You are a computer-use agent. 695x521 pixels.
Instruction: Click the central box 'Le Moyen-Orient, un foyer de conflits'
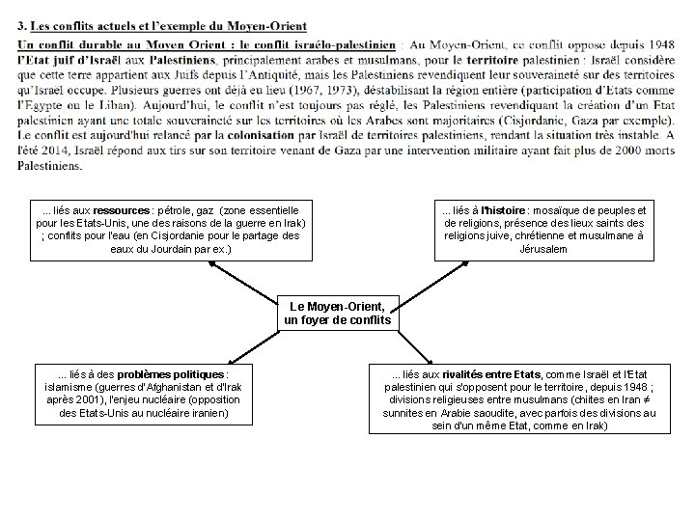pyautogui.click(x=341, y=313)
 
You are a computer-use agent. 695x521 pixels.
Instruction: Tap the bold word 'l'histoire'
pyautogui.click(x=499, y=210)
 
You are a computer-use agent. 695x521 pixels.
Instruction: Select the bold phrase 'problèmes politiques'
pyautogui.click(x=175, y=374)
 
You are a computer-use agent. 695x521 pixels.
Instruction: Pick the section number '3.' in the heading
pyautogui.click(x=22, y=25)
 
